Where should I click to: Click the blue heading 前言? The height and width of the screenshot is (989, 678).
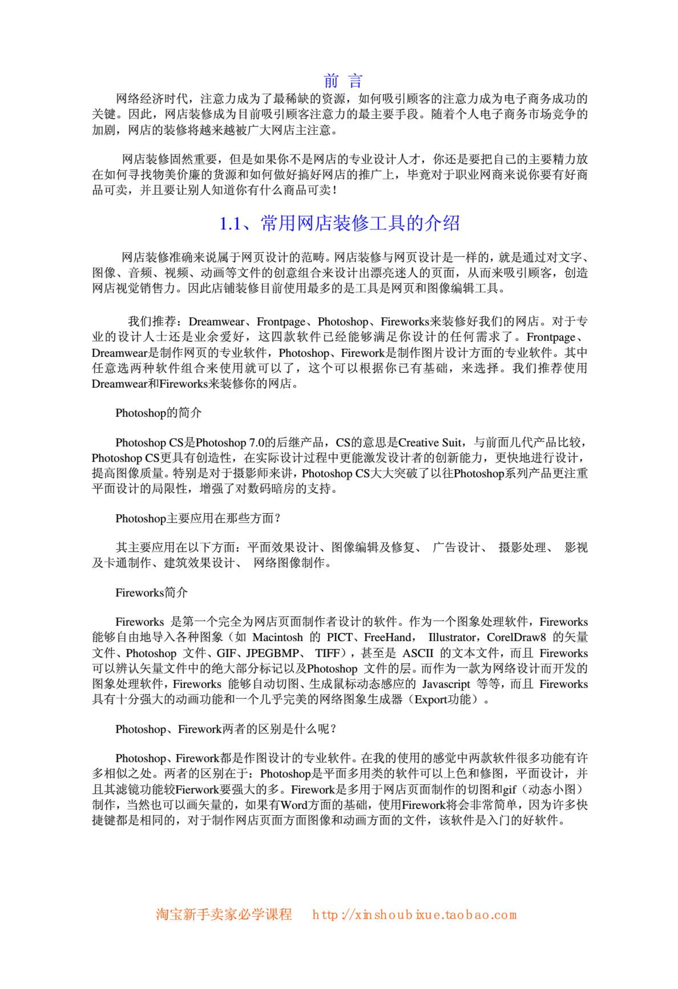(x=342, y=80)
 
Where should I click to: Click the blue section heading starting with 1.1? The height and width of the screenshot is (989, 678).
(x=339, y=223)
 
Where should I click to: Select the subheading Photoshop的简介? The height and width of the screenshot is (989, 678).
(x=158, y=413)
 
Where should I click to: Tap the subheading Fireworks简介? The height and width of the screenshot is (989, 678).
(x=151, y=593)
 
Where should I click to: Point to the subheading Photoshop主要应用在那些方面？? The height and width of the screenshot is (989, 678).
(x=198, y=518)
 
